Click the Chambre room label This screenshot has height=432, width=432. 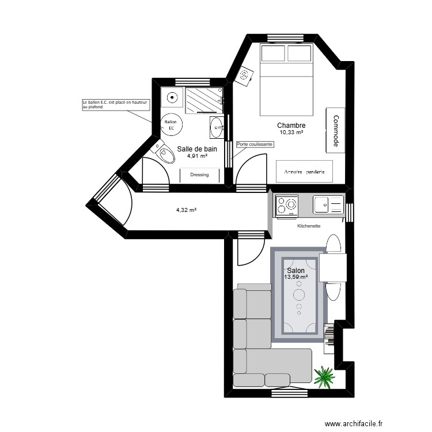pyautogui.click(x=291, y=126)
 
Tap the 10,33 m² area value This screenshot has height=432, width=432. pyautogui.click(x=291, y=132)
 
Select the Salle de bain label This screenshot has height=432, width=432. pyautogui.click(x=197, y=149)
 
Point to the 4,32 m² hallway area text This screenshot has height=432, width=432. pyautogui.click(x=186, y=210)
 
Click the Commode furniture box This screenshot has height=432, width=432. pyautogui.click(x=336, y=130)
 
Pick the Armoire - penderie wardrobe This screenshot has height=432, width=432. pyautogui.click(x=305, y=172)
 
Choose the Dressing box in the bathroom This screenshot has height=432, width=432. pyautogui.click(x=199, y=175)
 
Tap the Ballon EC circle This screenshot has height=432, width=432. pyautogui.click(x=172, y=124)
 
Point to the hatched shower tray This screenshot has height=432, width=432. pyautogui.click(x=204, y=100)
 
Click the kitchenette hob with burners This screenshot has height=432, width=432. pyautogui.click(x=287, y=205)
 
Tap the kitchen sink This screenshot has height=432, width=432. pyautogui.click(x=328, y=204)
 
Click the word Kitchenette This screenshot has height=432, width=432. pyautogui.click(x=309, y=226)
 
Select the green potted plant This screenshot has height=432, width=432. pyautogui.click(x=325, y=377)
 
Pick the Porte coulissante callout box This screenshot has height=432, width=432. pyautogui.click(x=255, y=144)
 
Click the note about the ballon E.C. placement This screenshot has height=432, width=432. pyautogui.click(x=116, y=105)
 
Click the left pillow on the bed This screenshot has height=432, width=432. pyautogui.click(x=273, y=53)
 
